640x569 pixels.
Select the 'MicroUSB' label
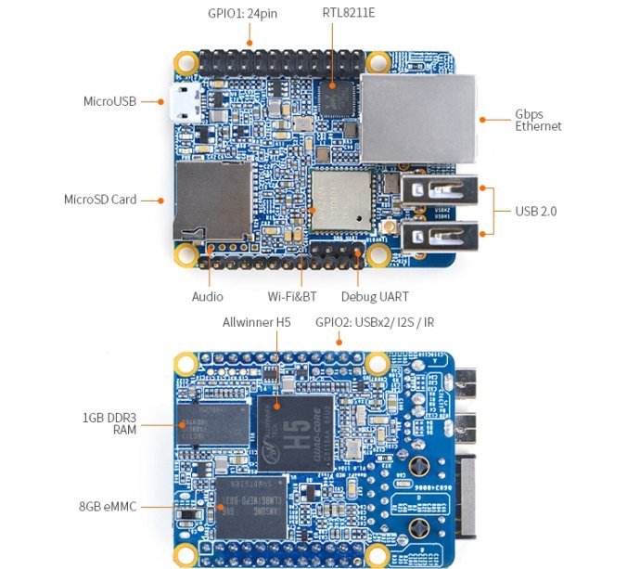click(110, 100)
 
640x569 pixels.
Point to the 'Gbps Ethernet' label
click(538, 120)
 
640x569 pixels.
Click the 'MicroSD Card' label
click(100, 199)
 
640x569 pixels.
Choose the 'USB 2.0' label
click(535, 212)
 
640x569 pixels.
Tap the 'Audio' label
click(208, 296)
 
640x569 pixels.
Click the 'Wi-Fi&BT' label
click(292, 296)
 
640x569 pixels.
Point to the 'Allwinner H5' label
click(257, 322)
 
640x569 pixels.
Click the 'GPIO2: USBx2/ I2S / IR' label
click(375, 322)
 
